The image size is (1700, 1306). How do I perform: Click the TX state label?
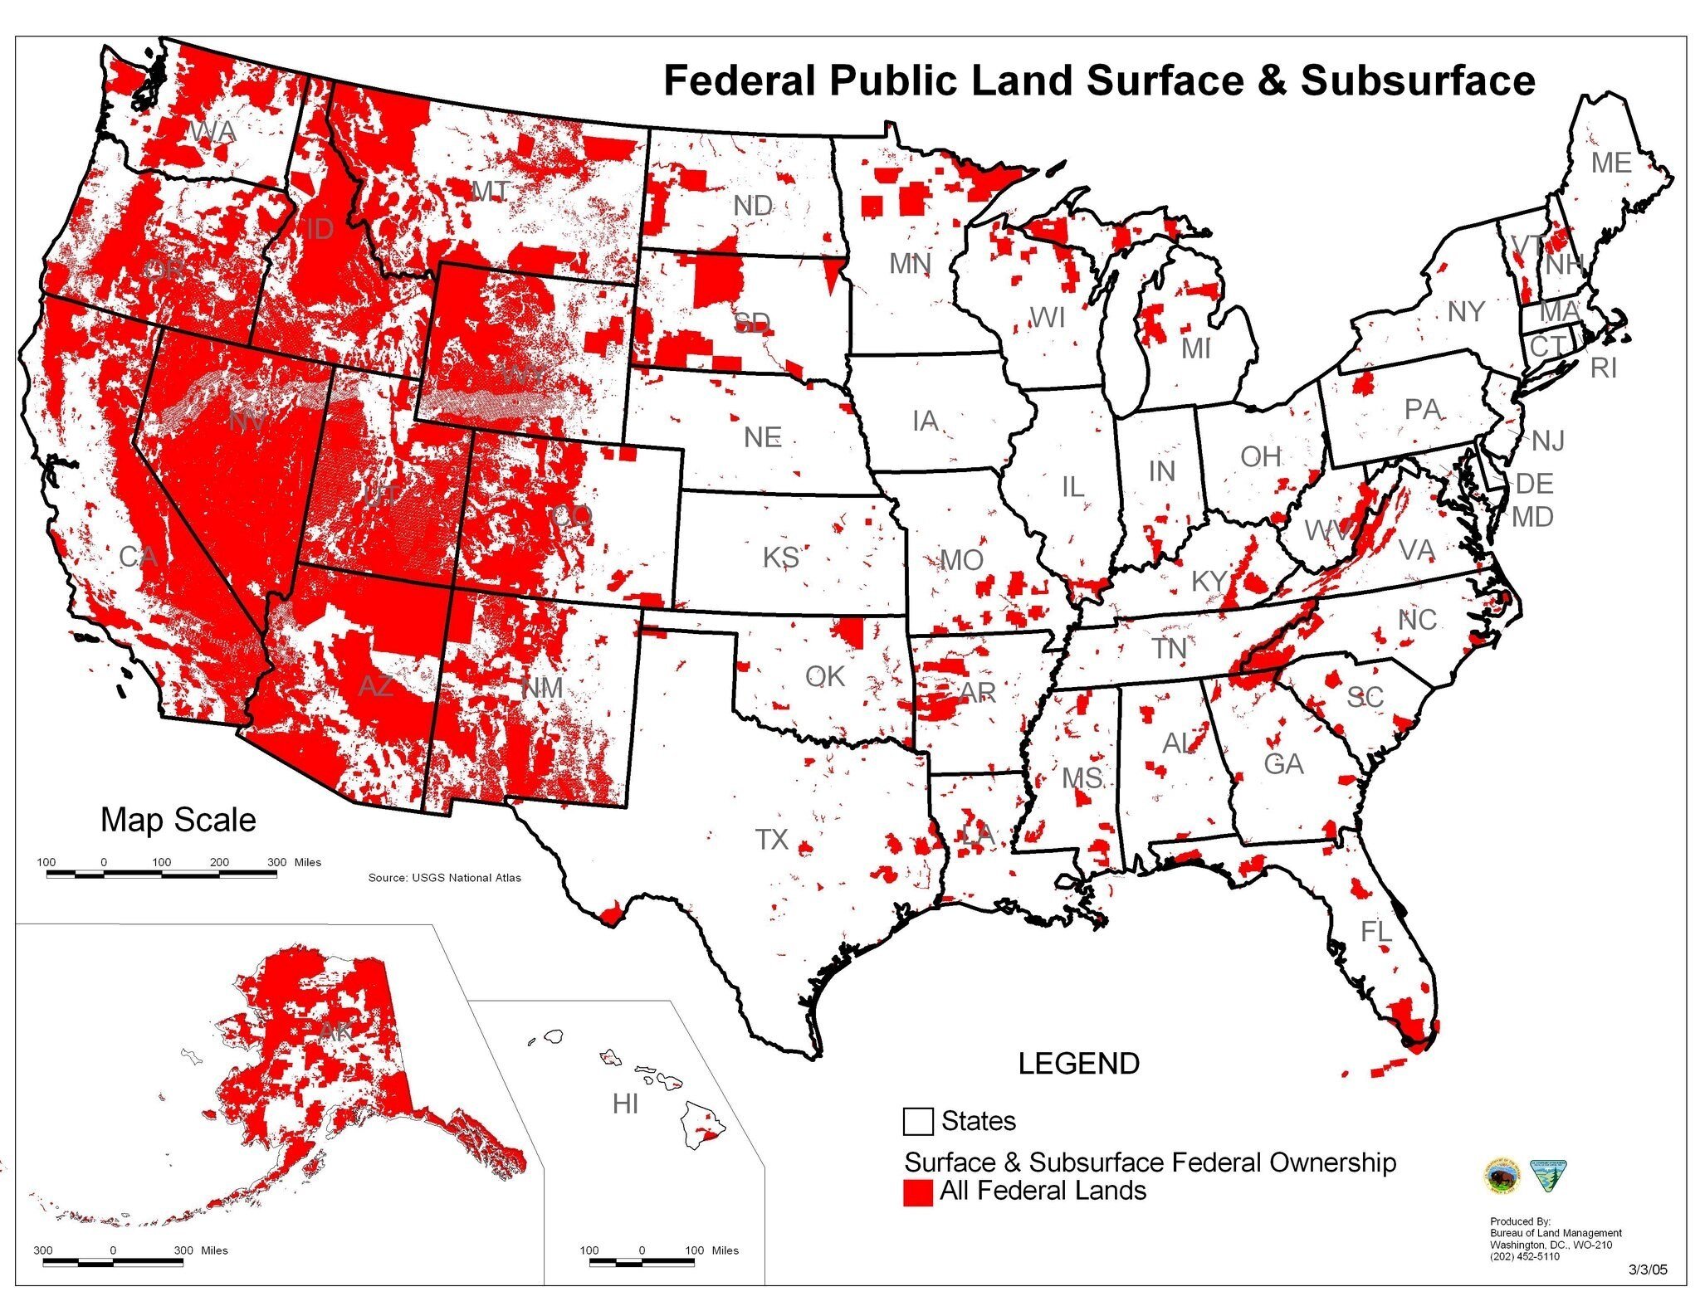pos(771,839)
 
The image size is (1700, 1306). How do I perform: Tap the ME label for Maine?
pos(1610,163)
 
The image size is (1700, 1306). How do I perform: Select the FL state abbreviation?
pos(1375,931)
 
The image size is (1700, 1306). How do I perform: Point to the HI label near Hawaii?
pos(625,1104)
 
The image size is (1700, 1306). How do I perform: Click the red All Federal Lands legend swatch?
pos(917,1191)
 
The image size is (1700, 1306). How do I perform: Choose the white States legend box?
pos(917,1122)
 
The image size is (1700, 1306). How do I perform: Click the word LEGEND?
pos(1078,1064)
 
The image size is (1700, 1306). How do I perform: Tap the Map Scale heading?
pos(178,820)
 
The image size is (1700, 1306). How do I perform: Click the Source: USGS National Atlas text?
pos(444,877)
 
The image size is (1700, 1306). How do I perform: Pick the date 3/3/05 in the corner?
pos(1647,1270)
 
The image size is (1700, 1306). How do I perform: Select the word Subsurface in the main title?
pos(1418,80)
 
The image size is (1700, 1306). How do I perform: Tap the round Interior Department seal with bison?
pos(1500,1176)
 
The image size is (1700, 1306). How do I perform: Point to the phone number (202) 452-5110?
pos(1524,1256)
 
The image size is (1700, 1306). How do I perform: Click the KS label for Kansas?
pos(780,557)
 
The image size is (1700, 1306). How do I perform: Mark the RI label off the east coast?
pos(1604,368)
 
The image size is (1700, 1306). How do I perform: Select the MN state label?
pos(910,264)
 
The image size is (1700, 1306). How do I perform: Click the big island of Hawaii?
pos(704,1124)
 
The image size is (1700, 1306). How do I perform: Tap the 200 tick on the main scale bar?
pos(219,863)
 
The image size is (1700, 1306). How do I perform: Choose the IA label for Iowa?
pos(925,422)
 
